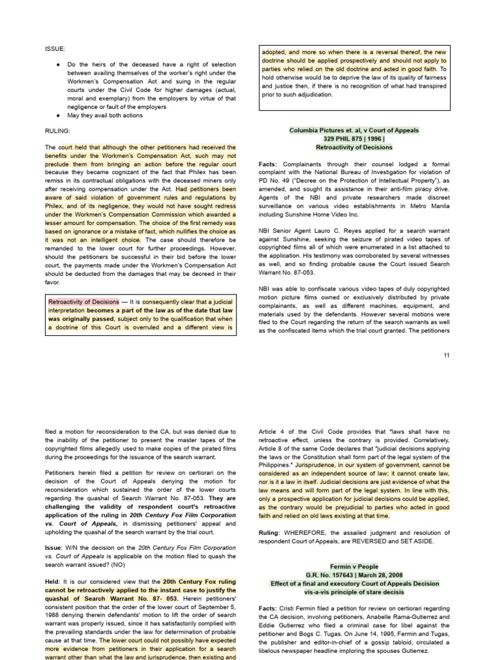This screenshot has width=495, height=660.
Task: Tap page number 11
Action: pos(447,355)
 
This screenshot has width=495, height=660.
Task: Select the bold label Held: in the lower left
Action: pos(53,581)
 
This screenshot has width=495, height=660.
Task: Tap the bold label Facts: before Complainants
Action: pos(271,164)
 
